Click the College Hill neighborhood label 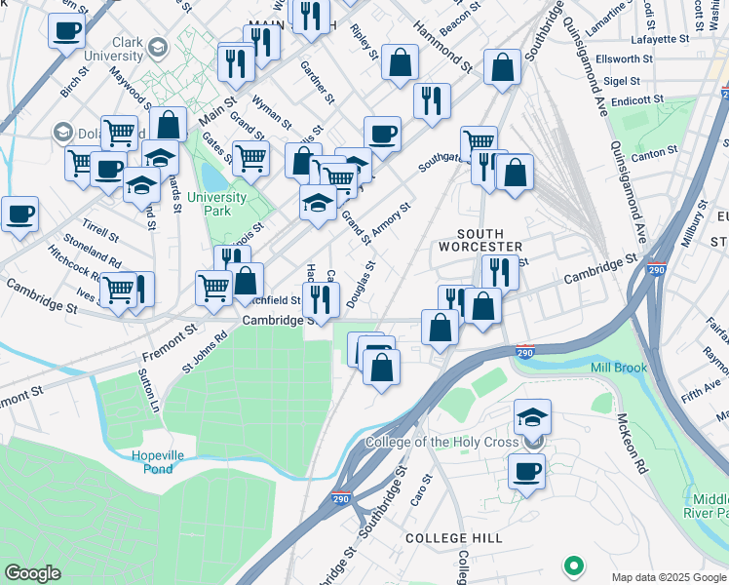[454, 538]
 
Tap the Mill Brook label [618, 368]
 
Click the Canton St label [654, 153]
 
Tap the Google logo [32, 573]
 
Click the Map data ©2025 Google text [668, 577]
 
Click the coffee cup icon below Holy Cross [527, 471]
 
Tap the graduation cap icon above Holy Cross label [532, 417]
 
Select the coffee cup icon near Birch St [66, 29]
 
